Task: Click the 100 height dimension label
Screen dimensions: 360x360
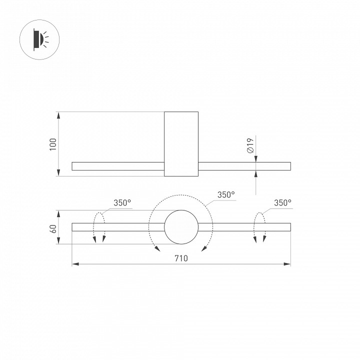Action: (x=53, y=144)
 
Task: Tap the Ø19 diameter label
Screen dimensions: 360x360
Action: (x=251, y=145)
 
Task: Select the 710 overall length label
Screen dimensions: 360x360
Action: (x=181, y=258)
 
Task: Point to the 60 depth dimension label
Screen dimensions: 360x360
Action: (x=53, y=228)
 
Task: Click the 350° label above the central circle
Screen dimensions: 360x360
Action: (x=226, y=194)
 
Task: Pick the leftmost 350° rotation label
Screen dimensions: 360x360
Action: (x=122, y=202)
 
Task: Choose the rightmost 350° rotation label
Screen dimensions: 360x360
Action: (x=282, y=202)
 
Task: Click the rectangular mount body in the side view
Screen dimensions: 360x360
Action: (x=181, y=144)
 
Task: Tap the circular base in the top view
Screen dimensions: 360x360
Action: (x=181, y=227)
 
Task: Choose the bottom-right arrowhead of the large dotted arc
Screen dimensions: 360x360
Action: (x=204, y=247)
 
